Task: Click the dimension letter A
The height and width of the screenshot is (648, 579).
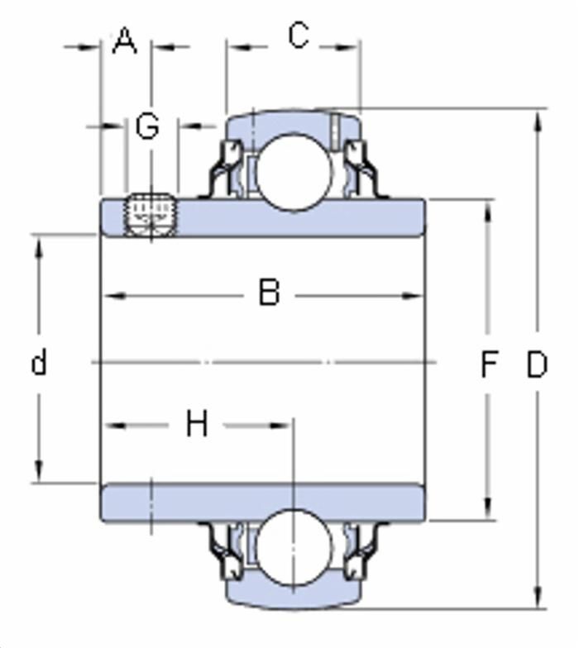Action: (124, 41)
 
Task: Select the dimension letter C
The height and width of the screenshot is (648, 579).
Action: (299, 36)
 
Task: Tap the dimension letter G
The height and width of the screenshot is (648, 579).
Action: (147, 126)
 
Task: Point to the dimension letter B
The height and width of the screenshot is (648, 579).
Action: (270, 293)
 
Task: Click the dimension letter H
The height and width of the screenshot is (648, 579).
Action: (197, 423)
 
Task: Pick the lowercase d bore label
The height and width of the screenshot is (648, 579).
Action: (39, 361)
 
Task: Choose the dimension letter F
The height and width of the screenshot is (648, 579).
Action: (490, 364)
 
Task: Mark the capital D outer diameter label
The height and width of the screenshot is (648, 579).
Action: (537, 364)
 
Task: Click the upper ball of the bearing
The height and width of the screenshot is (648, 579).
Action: (294, 171)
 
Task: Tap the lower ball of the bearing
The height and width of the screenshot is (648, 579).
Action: (294, 547)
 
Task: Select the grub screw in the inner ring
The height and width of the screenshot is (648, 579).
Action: (151, 215)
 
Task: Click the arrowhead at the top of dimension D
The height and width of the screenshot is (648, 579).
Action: (538, 122)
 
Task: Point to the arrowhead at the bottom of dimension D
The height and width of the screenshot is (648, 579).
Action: (538, 597)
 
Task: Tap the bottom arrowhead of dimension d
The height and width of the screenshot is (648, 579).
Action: (39, 470)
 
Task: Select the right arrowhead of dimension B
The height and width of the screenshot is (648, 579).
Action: (412, 296)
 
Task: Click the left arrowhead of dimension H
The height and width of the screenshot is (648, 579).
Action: (115, 425)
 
